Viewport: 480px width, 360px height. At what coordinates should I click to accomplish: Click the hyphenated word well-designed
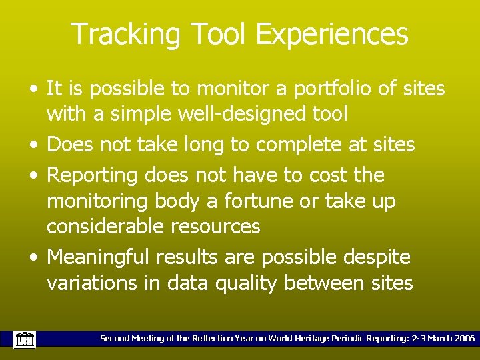tap(227, 114)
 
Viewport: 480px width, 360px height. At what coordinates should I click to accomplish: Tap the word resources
tap(215, 227)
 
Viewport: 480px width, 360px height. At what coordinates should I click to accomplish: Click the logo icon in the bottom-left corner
tap(25, 339)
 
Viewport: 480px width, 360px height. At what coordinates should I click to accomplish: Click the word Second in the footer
tap(114, 339)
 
